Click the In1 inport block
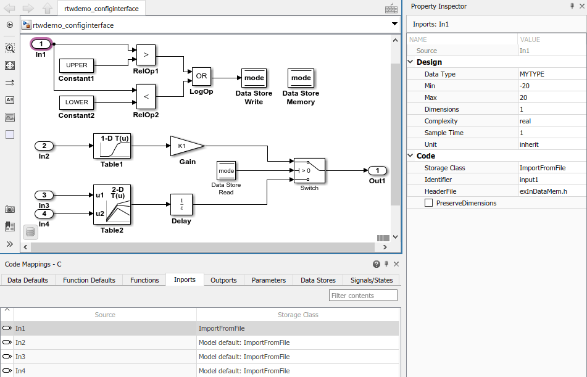41,44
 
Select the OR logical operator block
201,77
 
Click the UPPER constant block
77,65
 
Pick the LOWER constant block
77,102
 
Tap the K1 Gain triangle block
185,146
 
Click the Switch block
309,170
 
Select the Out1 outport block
377,170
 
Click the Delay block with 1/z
181,204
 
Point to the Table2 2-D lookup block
112,205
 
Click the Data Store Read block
226,170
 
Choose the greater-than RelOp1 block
146,54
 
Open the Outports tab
223,280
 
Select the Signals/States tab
371,280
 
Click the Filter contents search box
363,296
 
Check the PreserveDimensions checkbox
428,203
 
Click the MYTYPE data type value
532,74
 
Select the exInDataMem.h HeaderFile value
543,191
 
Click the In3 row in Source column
20,357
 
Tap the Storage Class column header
298,315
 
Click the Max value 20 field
524,97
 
